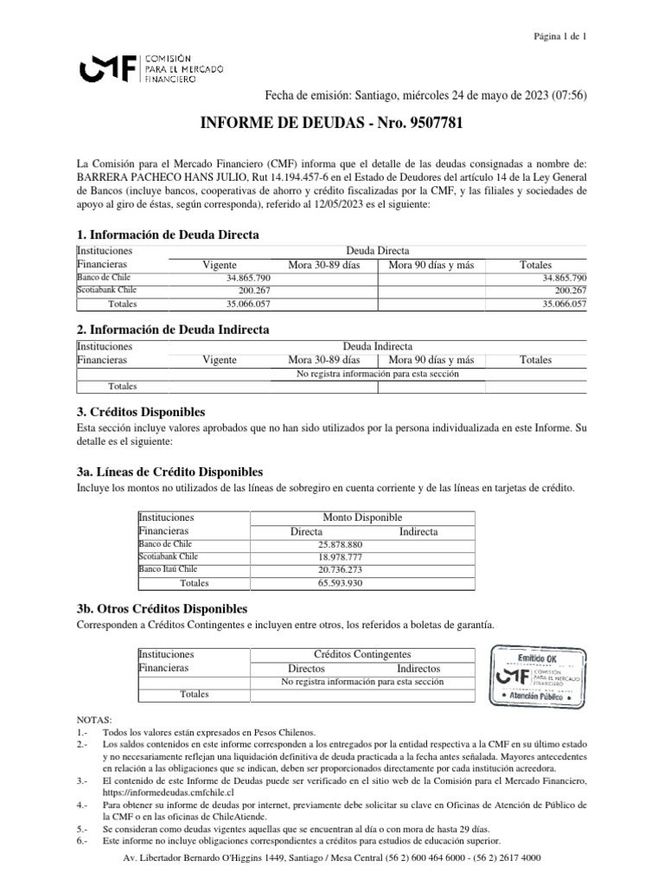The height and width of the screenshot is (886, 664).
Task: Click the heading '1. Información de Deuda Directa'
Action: (x=168, y=235)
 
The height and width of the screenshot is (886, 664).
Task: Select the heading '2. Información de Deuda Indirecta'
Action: (x=173, y=330)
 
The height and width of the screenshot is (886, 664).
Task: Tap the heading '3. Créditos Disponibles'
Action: (x=141, y=411)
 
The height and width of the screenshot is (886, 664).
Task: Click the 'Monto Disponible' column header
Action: (x=362, y=517)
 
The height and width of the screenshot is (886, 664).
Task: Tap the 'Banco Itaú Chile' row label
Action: (x=168, y=570)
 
